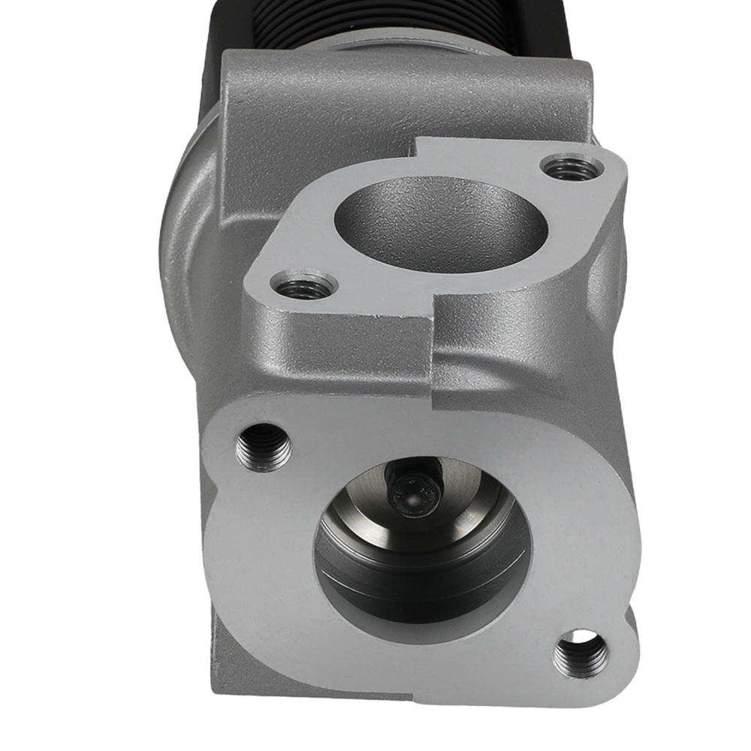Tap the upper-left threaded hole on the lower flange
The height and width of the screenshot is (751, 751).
click(x=264, y=445)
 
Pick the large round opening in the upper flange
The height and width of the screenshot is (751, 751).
click(x=443, y=219)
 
